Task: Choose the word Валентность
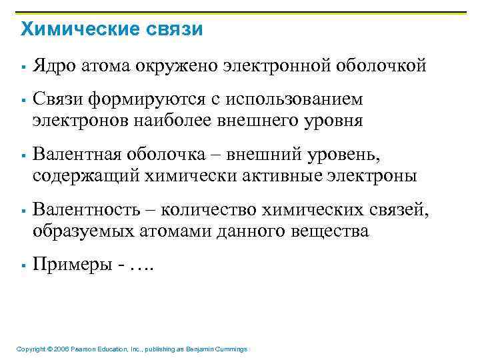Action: [x=87, y=211]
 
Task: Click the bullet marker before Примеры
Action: [x=23, y=266]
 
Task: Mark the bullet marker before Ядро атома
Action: [x=23, y=67]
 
